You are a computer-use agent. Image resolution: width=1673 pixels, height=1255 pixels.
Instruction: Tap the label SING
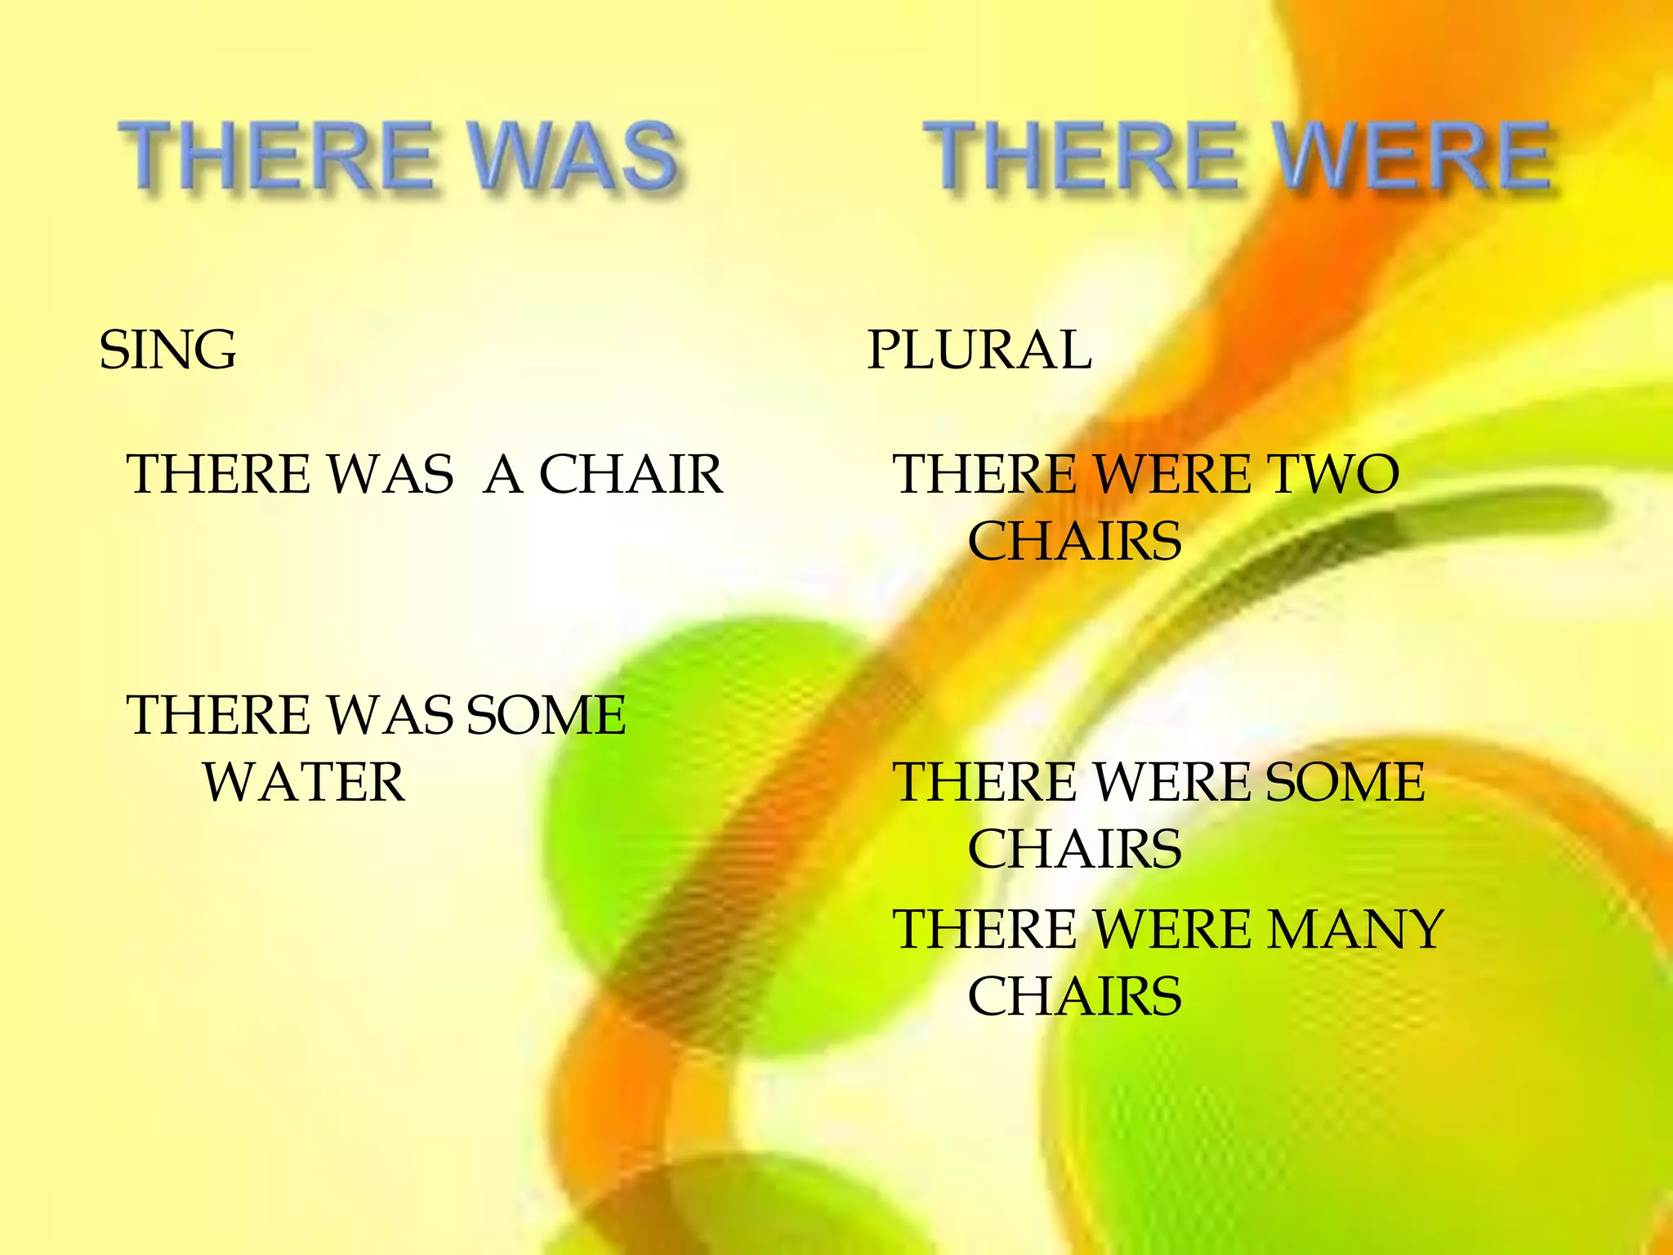[x=167, y=350]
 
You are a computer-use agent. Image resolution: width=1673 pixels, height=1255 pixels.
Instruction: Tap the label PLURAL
[x=979, y=350]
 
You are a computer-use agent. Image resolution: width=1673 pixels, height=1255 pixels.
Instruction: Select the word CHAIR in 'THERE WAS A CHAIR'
[x=631, y=474]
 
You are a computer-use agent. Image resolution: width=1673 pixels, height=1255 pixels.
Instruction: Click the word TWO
[x=1332, y=474]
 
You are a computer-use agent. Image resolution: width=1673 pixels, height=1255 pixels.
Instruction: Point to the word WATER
[x=303, y=782]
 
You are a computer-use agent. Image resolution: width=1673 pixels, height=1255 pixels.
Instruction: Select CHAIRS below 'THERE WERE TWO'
[x=1074, y=541]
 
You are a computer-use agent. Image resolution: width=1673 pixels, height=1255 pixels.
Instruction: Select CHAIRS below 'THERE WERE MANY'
[x=1074, y=996]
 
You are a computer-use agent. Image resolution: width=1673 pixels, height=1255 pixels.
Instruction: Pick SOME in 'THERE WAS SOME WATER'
[x=546, y=715]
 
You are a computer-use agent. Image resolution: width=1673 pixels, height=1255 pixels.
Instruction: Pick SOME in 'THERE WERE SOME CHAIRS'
[x=1345, y=782]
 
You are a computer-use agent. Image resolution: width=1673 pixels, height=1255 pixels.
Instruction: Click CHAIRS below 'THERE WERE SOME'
[x=1074, y=849]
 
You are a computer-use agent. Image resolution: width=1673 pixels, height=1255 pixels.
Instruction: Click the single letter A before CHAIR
[x=502, y=474]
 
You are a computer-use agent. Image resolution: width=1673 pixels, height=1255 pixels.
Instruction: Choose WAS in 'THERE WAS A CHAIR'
[x=390, y=474]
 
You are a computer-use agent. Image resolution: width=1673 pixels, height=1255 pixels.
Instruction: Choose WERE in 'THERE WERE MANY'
[x=1171, y=929]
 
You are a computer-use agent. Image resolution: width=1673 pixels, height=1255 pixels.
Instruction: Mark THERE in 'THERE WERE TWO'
[x=984, y=474]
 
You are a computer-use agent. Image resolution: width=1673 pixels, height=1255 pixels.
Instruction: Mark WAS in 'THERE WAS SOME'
[x=390, y=715]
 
